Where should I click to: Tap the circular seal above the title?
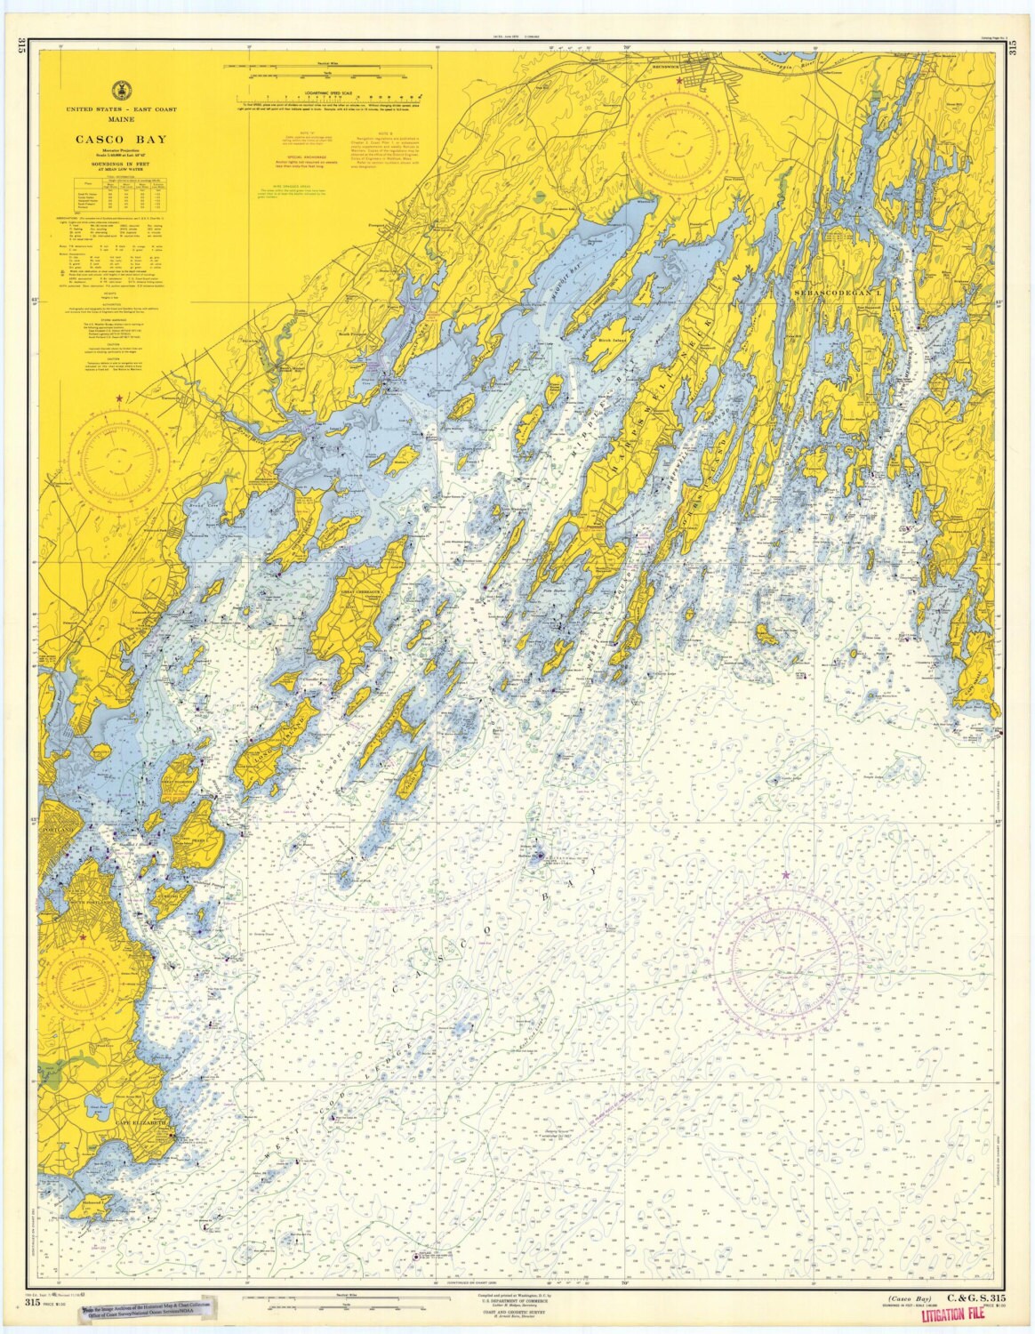click(x=119, y=90)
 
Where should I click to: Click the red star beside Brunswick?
click(x=680, y=81)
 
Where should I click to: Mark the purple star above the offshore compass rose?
click(x=785, y=876)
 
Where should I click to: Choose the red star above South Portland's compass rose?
click(x=83, y=937)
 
